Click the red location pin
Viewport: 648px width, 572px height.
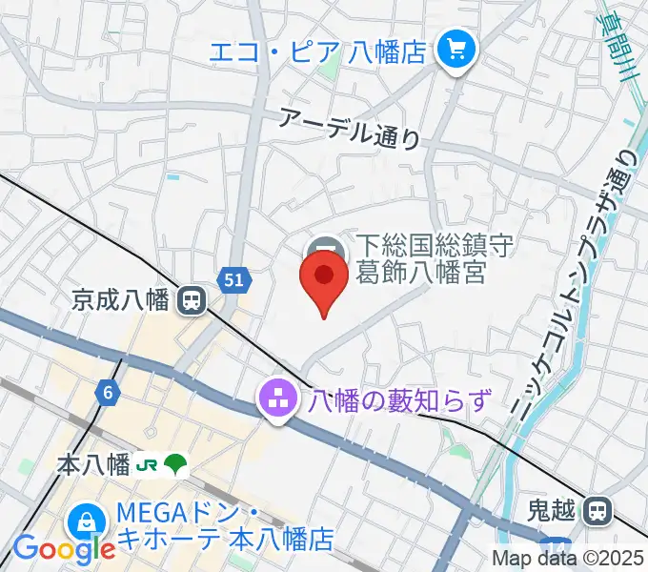click(x=324, y=277)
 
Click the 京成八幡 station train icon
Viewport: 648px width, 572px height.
click(x=193, y=301)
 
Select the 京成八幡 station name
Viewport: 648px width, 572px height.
click(x=120, y=301)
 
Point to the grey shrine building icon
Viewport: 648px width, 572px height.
click(x=324, y=246)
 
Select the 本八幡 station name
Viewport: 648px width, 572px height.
click(x=93, y=466)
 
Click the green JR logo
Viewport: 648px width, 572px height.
click(x=148, y=466)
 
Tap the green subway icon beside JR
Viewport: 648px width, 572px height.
click(x=176, y=466)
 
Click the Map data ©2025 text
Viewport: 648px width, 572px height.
click(x=567, y=559)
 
